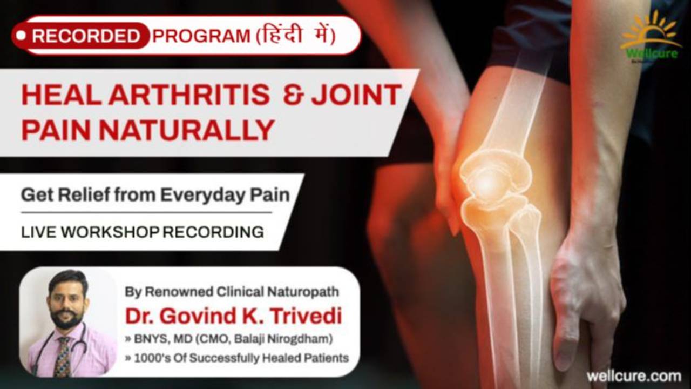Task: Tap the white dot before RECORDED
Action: (x=21, y=36)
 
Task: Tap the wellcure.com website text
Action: (x=633, y=375)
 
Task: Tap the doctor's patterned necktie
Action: (x=63, y=357)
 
